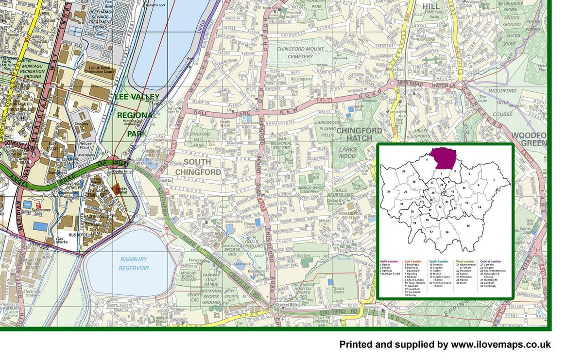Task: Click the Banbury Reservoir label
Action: click(x=134, y=264)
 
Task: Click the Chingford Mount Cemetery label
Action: click(x=295, y=52)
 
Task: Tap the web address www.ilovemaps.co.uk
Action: click(x=501, y=344)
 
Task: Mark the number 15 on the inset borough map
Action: click(x=468, y=225)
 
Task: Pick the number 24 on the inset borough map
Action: click(x=389, y=192)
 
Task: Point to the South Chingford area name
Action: click(x=198, y=167)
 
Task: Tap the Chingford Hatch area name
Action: click(x=359, y=135)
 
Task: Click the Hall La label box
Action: click(x=166, y=180)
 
